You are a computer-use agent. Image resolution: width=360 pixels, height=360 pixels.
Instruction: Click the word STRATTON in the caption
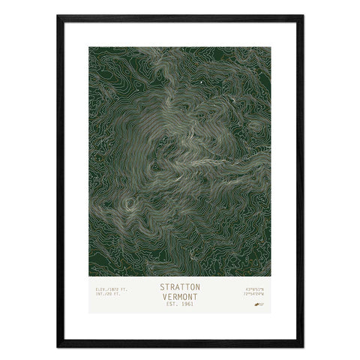click(180, 286)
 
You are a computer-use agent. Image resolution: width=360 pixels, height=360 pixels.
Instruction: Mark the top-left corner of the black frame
click(58, 16)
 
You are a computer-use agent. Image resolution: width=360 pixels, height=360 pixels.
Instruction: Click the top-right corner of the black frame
click(302, 16)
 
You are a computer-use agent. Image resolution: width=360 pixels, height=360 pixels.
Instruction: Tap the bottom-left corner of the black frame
click(58, 346)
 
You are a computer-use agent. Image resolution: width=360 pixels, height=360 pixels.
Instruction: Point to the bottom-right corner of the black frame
click(302, 346)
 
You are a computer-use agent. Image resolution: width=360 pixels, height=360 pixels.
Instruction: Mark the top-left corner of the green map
click(89, 47)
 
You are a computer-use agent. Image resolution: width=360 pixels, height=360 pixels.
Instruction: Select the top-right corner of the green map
click(271, 47)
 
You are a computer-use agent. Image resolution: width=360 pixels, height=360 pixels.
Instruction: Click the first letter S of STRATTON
click(162, 286)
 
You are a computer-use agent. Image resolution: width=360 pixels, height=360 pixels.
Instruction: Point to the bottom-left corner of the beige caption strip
click(89, 313)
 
